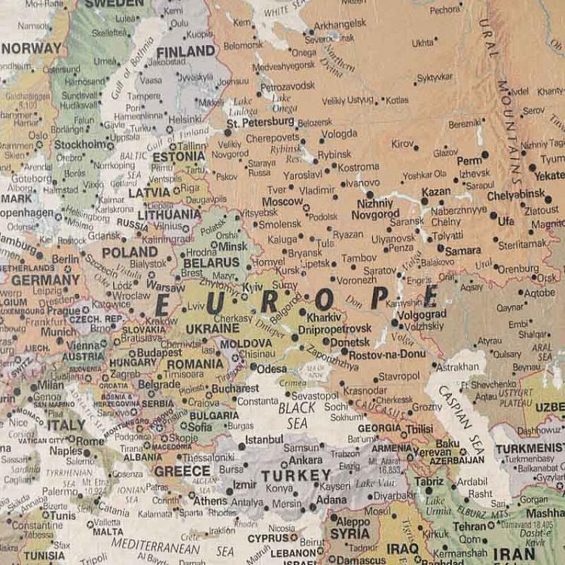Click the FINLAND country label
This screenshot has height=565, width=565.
point(185,51)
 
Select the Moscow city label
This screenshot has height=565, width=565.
point(282,202)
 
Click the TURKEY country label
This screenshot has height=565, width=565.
point(295,475)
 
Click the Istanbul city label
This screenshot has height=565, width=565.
point(264,439)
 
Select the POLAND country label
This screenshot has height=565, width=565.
point(130,252)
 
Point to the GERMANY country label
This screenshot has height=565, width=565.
point(45,279)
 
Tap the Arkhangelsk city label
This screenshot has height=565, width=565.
point(339,25)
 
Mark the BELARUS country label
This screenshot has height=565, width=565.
point(212,262)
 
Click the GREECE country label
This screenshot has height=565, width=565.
point(182,472)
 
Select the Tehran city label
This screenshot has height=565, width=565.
point(469,527)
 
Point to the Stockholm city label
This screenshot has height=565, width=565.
point(82,144)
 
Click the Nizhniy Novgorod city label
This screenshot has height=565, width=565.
point(374,209)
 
